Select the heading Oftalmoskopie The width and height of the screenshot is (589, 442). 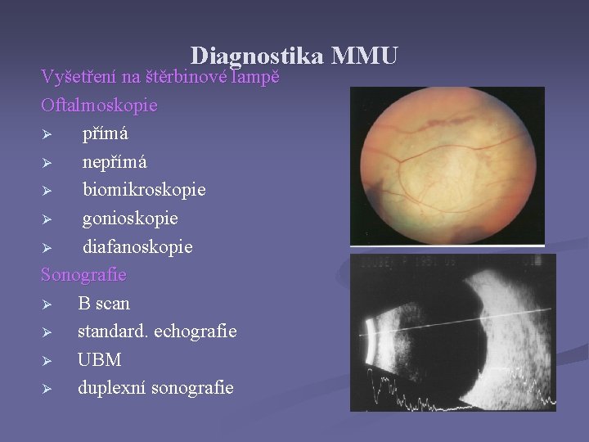point(99,106)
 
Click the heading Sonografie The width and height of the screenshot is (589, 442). point(83,274)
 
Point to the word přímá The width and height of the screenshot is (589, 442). point(105,133)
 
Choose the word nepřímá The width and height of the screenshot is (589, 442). point(115,162)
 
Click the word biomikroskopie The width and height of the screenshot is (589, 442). point(144,190)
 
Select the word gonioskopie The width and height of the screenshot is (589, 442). point(130,219)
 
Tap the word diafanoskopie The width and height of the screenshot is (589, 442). point(137,246)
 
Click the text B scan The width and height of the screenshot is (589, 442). point(104,303)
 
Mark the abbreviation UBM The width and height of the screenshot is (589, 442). point(99,359)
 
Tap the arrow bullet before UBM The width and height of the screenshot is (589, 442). point(47,360)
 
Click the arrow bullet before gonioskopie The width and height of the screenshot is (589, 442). point(47,219)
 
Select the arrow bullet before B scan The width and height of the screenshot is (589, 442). point(47,304)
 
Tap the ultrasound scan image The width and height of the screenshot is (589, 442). point(452,332)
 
